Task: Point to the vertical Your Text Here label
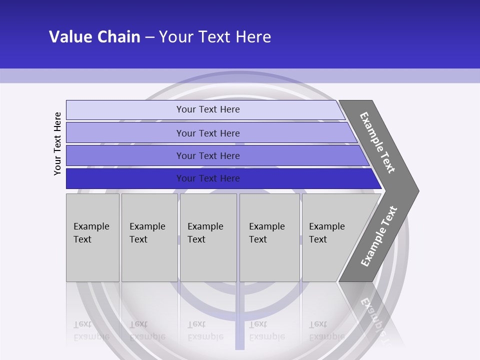pyautogui.click(x=57, y=143)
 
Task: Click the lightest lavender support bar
pyautogui.click(x=125, y=110)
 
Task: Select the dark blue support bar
pyautogui.click(x=125, y=178)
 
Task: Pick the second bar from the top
pyautogui.click(x=125, y=133)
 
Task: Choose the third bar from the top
pyautogui.click(x=125, y=155)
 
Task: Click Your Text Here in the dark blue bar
pyautogui.click(x=208, y=178)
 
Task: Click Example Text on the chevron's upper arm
pyautogui.click(x=377, y=142)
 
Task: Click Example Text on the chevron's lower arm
pyautogui.click(x=378, y=236)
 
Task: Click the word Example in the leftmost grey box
pyautogui.click(x=91, y=226)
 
